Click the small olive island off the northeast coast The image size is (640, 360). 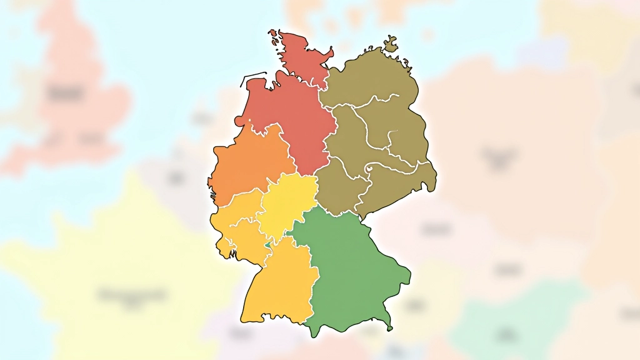pyautogui.click(x=391, y=45)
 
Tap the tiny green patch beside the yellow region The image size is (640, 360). pyautogui.click(x=269, y=245)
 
